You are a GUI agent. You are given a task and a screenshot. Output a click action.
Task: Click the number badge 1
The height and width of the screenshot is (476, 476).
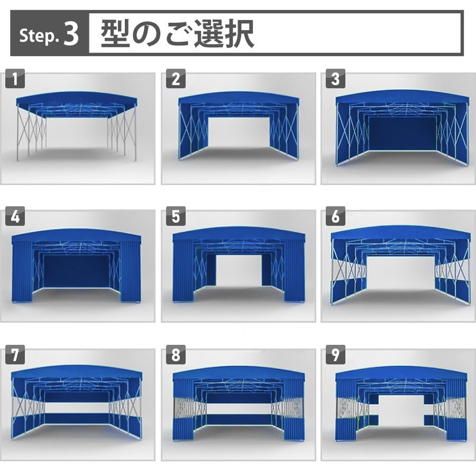15,79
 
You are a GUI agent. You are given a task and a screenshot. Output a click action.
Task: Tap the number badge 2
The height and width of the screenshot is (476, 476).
176,79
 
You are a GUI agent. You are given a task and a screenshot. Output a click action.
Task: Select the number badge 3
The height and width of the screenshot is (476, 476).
335,79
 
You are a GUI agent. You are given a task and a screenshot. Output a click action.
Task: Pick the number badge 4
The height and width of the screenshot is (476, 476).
15,216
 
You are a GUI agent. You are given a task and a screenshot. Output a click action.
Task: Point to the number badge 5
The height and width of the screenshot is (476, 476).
176,216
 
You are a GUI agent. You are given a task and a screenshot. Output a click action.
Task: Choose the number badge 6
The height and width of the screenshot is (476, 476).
335,216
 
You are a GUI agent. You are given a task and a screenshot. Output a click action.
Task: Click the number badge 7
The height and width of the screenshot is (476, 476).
15,354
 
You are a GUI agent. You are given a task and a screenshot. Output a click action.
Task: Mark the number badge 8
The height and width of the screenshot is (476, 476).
176,354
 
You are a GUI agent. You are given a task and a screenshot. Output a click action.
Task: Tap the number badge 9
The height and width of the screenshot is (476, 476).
335,354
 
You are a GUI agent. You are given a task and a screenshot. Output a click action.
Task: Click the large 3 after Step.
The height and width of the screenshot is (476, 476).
71,34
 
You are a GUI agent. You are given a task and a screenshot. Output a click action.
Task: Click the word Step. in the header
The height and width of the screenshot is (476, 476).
39,36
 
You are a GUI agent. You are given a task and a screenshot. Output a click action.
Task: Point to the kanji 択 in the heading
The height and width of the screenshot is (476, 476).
239,33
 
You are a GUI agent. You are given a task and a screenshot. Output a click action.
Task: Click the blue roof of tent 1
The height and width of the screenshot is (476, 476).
77,98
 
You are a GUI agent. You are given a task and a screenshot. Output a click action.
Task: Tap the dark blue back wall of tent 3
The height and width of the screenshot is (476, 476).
402,133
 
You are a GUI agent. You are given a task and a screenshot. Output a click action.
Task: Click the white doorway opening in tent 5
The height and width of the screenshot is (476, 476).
239,270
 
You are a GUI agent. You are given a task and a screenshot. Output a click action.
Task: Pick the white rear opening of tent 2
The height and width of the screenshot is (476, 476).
239,133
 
